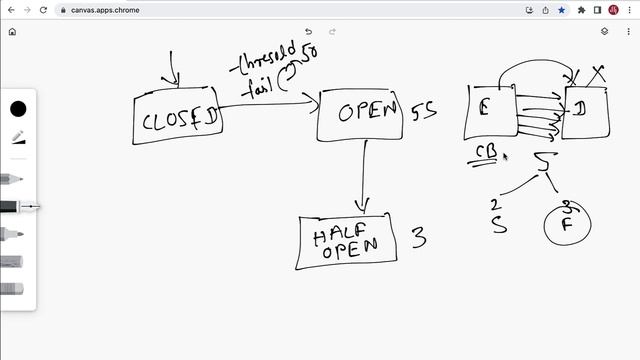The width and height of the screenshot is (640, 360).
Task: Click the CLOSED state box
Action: [x=178, y=120]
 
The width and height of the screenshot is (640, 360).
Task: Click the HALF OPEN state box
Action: [x=346, y=241]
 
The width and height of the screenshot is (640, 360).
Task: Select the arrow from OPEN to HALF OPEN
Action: [x=364, y=175]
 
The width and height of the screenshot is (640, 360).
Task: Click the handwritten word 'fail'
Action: [x=257, y=88]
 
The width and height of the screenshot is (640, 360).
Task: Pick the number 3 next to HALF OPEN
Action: [x=420, y=238]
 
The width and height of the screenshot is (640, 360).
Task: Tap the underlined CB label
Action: [x=486, y=153]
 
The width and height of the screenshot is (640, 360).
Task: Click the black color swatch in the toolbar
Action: [x=18, y=109]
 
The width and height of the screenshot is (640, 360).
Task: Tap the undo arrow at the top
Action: [x=308, y=31]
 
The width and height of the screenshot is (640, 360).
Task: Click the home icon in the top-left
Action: [x=11, y=31]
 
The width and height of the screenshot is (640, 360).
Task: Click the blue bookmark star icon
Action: [x=561, y=10]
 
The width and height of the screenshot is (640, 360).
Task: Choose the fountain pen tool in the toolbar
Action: [x=18, y=139]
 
